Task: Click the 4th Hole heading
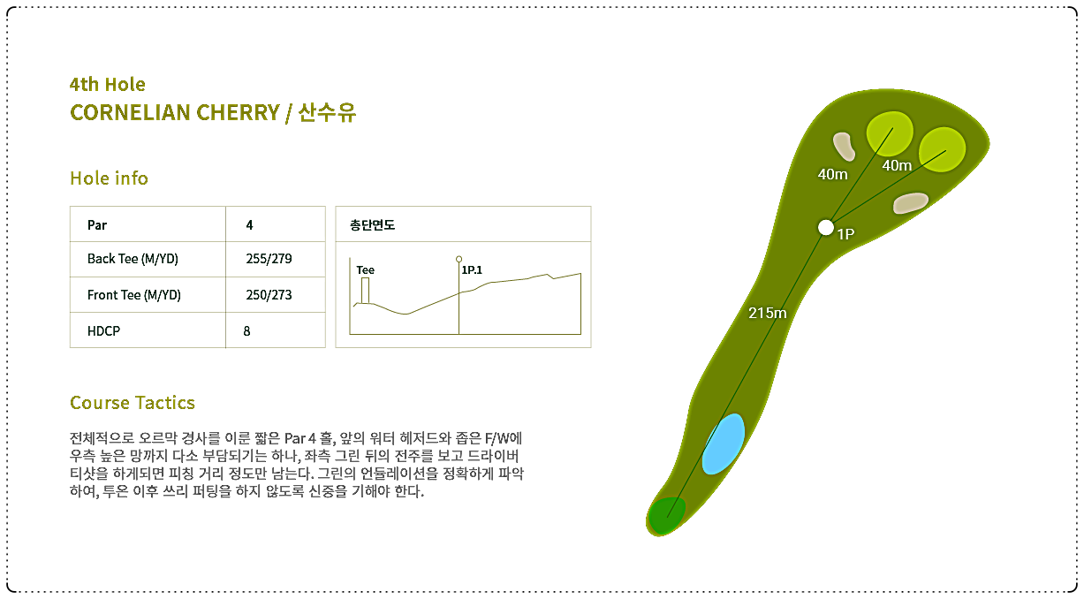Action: (x=108, y=85)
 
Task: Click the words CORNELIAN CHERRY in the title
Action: (x=175, y=113)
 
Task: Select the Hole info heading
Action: (x=109, y=178)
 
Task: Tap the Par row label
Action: (x=97, y=225)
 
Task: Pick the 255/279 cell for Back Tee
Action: (x=269, y=259)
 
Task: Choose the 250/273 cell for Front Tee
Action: (x=269, y=295)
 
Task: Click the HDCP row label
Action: (x=103, y=331)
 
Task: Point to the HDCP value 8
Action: (x=246, y=331)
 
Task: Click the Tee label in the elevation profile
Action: (x=366, y=270)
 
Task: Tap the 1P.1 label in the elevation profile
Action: (x=472, y=270)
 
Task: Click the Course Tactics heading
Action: (x=133, y=403)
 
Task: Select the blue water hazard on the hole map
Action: (x=723, y=444)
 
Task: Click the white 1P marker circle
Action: (x=826, y=227)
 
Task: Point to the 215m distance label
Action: (x=768, y=313)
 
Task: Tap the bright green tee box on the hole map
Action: (x=666, y=516)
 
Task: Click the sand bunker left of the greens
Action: (x=844, y=146)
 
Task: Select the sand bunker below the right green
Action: (x=910, y=202)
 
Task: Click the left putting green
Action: (x=890, y=134)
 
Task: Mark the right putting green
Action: (x=942, y=149)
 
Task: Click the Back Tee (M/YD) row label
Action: (x=133, y=259)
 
